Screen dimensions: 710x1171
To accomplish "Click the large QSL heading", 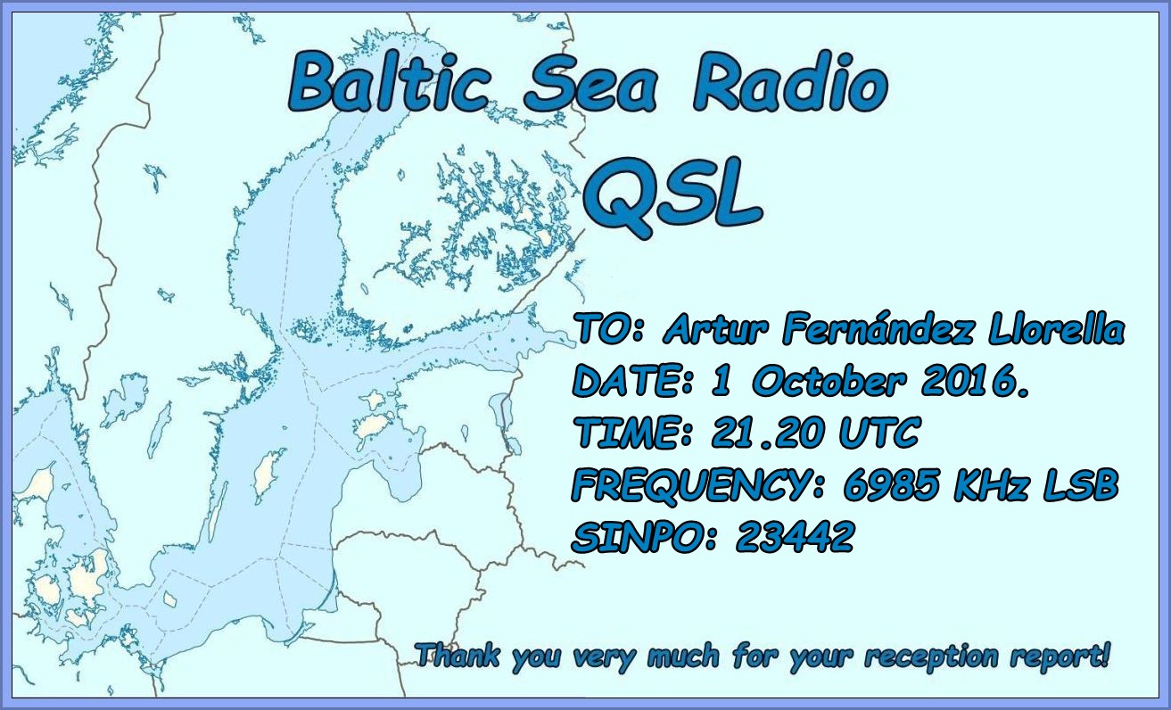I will pyautogui.click(x=677, y=197).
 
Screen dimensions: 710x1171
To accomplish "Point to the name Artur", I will pyautogui.click(x=721, y=331).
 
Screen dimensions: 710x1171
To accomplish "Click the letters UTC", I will pyautogui.click(x=878, y=434).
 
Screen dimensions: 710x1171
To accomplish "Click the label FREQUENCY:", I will pyautogui.click(x=697, y=486).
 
